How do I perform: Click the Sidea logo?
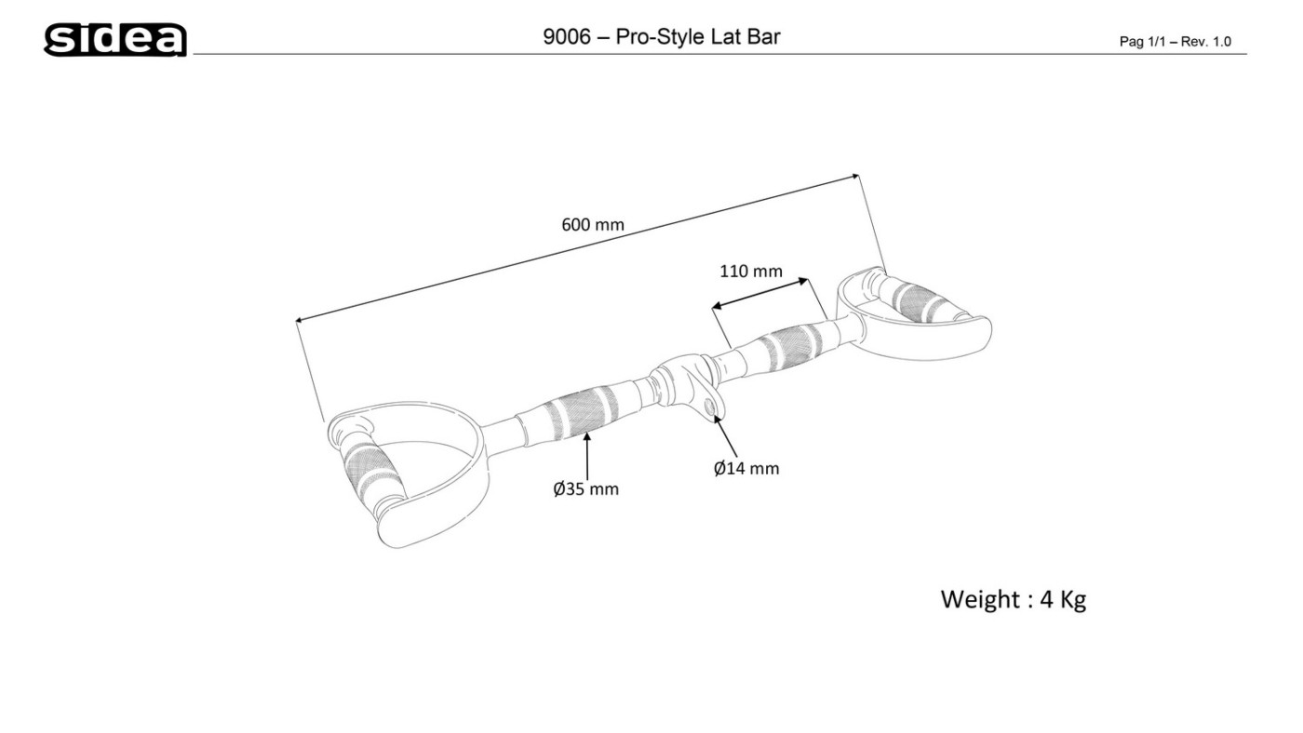click(115, 40)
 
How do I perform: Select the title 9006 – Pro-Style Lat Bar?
click(661, 37)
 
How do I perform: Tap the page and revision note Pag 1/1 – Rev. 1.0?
click(1175, 42)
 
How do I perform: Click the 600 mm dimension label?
click(593, 224)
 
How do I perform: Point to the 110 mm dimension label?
click(751, 272)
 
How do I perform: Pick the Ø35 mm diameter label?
click(585, 488)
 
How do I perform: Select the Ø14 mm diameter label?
click(746, 468)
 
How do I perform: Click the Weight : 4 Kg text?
click(1013, 599)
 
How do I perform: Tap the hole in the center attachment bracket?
click(712, 406)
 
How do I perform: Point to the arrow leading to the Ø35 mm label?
click(586, 456)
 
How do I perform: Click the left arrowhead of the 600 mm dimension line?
click(299, 321)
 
